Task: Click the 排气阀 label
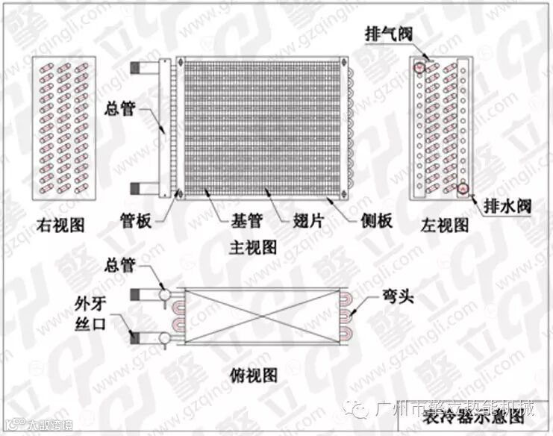click(x=387, y=35)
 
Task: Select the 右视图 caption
click(x=64, y=225)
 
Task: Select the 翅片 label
click(x=299, y=222)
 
